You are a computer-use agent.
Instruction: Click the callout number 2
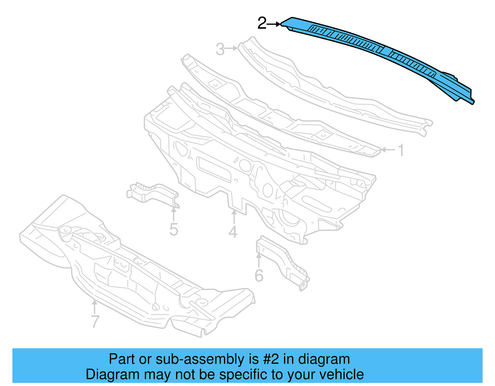pos(262,23)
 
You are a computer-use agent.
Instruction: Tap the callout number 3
pos(220,49)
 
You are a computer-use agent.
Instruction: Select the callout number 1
pos(401,151)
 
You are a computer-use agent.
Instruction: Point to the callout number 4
pos(233,232)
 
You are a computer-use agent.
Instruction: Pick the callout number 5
pos(174,230)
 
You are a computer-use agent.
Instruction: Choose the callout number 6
pos(259,276)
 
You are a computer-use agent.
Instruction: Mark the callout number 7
pos(95,321)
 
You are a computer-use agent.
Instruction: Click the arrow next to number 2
pos(274,24)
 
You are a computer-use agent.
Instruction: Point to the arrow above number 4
pos(234,217)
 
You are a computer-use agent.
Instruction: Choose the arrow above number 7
pos(95,307)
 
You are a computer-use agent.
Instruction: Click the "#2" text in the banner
pos(271,359)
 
